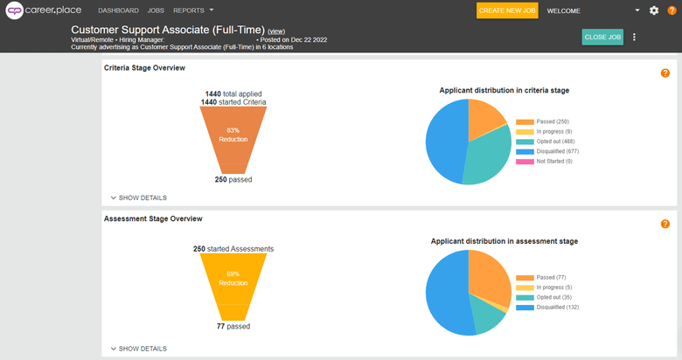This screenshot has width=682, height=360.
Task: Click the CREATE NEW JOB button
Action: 507,10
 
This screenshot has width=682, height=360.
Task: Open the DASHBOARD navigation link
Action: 118,10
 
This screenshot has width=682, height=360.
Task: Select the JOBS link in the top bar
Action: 156,10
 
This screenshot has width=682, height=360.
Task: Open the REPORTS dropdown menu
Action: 193,10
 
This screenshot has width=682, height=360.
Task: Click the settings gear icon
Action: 654,10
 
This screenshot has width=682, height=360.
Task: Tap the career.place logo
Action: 44,10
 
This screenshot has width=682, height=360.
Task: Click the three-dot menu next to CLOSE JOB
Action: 634,37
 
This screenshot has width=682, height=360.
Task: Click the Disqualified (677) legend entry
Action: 547,151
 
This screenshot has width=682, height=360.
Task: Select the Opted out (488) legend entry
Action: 547,142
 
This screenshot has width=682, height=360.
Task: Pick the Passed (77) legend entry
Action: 543,276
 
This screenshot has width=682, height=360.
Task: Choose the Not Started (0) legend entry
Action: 547,161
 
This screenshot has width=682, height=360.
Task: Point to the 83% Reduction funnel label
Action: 233,134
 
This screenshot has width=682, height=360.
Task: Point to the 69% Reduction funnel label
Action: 233,278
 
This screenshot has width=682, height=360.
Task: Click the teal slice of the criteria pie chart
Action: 485,157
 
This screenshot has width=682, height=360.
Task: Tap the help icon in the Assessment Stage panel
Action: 665,224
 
